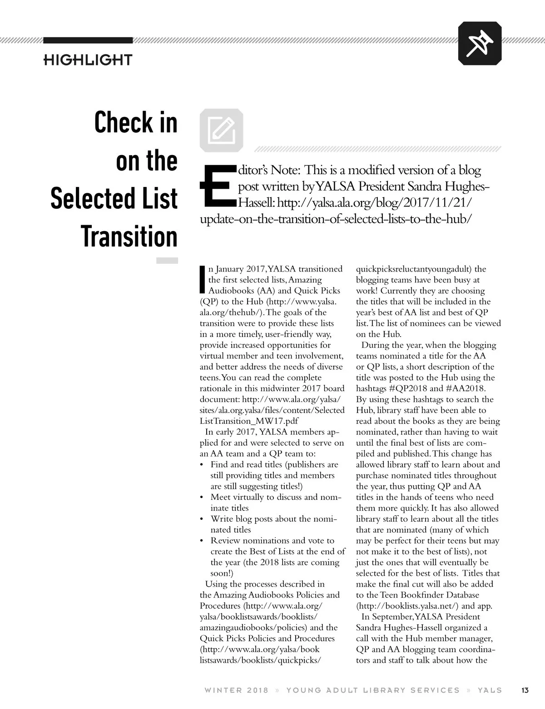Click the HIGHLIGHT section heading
[x=88, y=60]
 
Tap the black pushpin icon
[x=480, y=43]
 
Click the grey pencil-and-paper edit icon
[x=221, y=130]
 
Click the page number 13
[x=525, y=690]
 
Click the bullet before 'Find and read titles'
[x=202, y=465]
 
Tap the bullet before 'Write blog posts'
[x=202, y=519]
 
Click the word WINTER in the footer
[x=223, y=690]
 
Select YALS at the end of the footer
[x=490, y=690]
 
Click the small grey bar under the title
[x=167, y=261]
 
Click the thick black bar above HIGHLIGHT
[x=88, y=40]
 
